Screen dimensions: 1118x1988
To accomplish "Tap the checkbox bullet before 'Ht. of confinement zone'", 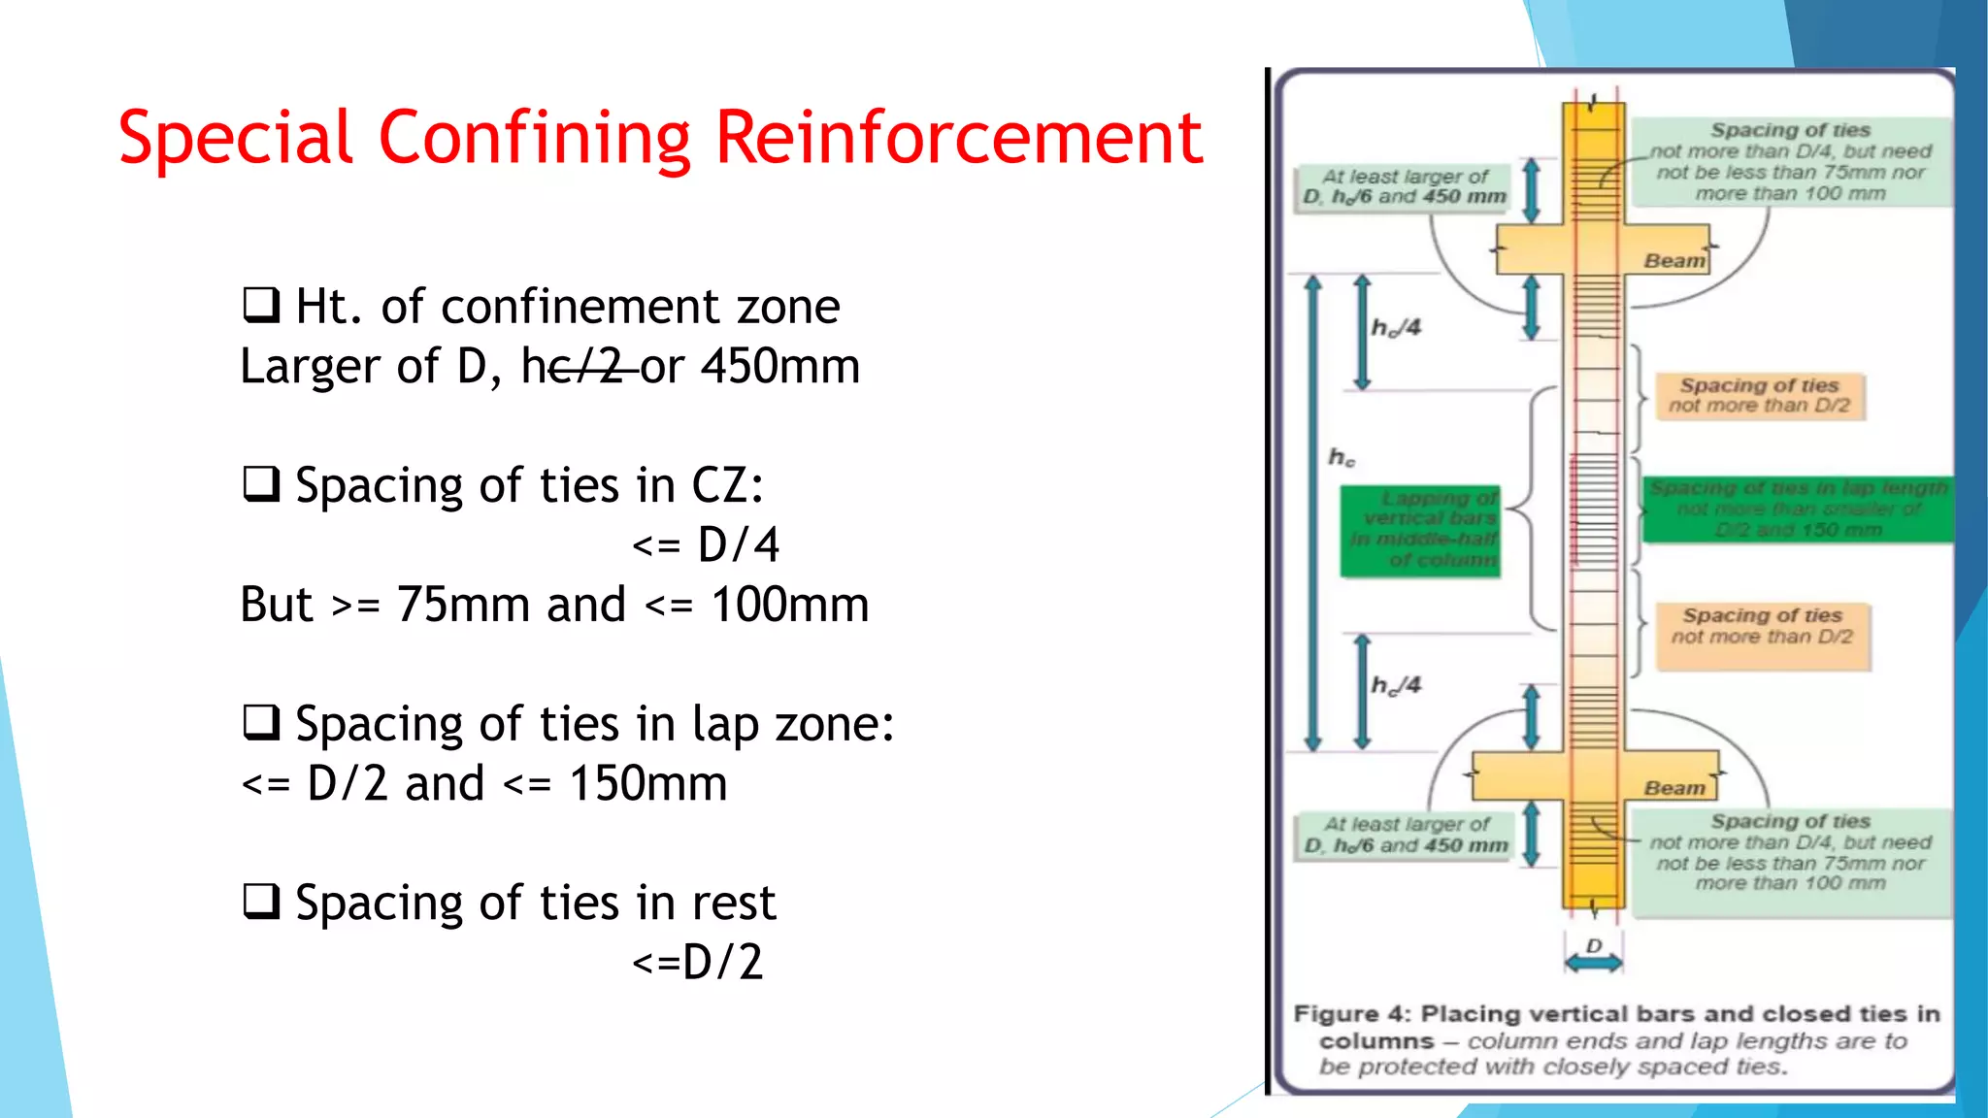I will tap(261, 305).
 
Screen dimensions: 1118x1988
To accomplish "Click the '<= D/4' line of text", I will tap(706, 544).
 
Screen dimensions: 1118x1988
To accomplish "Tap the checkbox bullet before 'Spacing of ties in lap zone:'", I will tap(261, 723).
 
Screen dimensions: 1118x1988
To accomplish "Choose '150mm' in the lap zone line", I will tap(647, 783).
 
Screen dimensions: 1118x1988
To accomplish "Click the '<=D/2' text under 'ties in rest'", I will tap(698, 963).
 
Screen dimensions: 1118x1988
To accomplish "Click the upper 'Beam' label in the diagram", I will tap(1673, 261).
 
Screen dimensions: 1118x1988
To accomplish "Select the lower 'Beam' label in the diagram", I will tap(1673, 788).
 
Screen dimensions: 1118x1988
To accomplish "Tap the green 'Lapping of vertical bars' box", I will tap(1420, 530).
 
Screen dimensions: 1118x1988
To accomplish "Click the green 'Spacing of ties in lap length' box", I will tap(1798, 509).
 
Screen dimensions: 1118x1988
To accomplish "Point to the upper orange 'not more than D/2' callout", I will tap(1759, 396).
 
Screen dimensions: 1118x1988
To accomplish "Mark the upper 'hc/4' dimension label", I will tap(1396, 328).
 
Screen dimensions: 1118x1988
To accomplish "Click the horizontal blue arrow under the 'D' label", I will tap(1593, 963).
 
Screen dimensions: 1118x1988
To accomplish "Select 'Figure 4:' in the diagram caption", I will tap(1352, 1014).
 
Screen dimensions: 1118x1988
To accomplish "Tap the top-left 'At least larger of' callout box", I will tap(1404, 186).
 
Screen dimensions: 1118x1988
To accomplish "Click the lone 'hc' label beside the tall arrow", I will tap(1342, 457).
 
